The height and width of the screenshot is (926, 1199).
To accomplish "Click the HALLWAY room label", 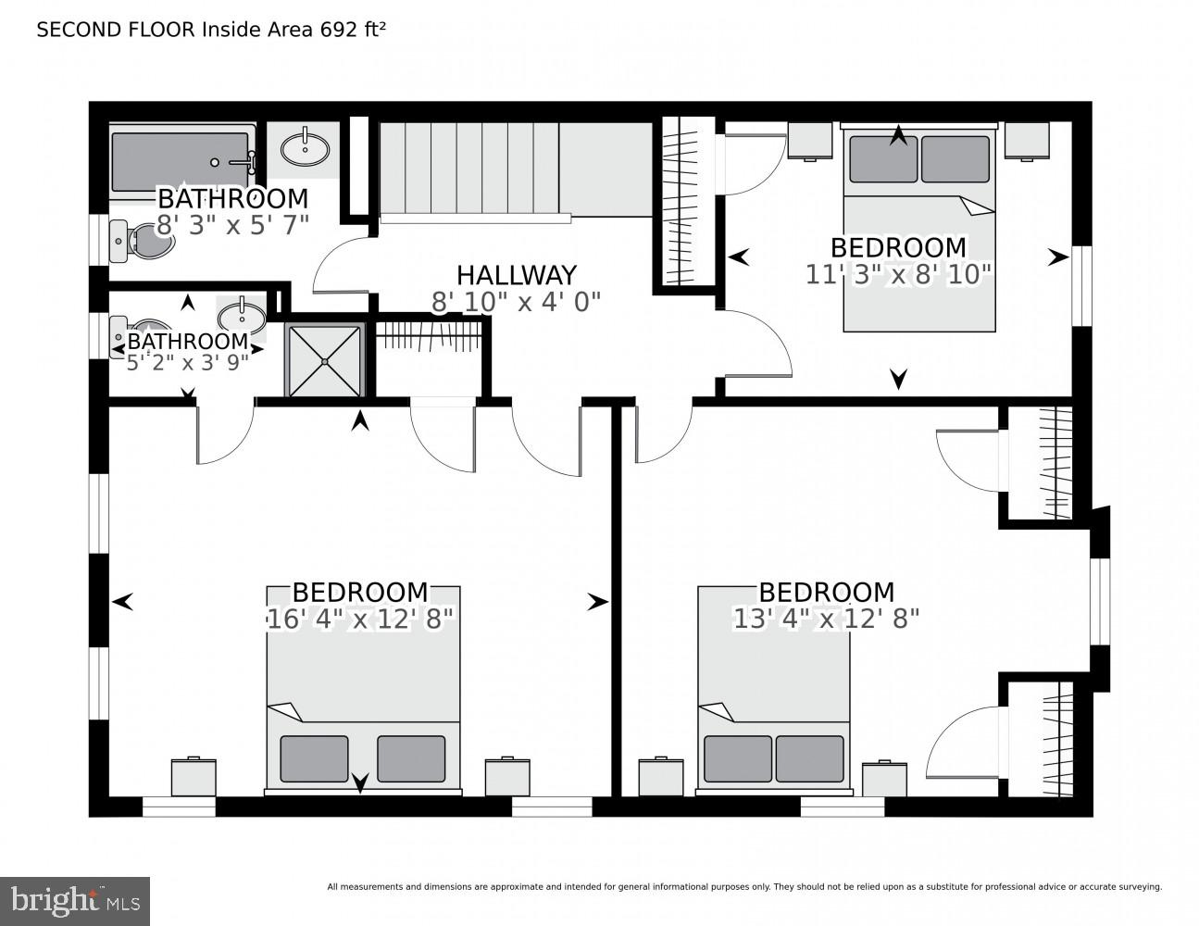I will click(x=516, y=275).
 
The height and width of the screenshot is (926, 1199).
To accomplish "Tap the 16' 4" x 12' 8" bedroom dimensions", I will click(x=360, y=619).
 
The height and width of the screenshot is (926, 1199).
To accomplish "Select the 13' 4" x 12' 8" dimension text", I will click(x=826, y=619).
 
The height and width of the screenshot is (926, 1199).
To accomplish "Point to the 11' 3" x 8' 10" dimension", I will click(x=898, y=274).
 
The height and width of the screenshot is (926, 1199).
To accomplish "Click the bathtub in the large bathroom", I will click(x=181, y=162).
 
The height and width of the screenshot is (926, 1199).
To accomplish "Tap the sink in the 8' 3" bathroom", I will click(x=305, y=147).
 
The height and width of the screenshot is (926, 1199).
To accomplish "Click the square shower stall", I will click(x=324, y=360).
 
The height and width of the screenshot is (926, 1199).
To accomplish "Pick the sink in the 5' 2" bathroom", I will click(x=242, y=315).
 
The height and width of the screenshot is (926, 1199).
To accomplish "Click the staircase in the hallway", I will click(x=468, y=171).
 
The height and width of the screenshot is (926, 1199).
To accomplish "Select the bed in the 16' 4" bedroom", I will click(x=363, y=689).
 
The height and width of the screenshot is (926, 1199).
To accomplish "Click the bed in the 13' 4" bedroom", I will click(x=773, y=689).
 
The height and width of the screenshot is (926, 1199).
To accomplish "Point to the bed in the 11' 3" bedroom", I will click(x=918, y=228).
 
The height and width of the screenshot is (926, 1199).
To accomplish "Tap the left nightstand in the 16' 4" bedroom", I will click(x=194, y=777).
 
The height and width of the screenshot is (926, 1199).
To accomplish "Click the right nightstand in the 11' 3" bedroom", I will click(x=1026, y=141).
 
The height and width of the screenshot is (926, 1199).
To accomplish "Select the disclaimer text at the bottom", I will click(x=743, y=887).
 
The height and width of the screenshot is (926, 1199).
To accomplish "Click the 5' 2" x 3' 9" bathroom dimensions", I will click(x=188, y=362).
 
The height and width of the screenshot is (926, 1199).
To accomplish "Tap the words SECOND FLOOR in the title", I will click(x=116, y=30).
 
